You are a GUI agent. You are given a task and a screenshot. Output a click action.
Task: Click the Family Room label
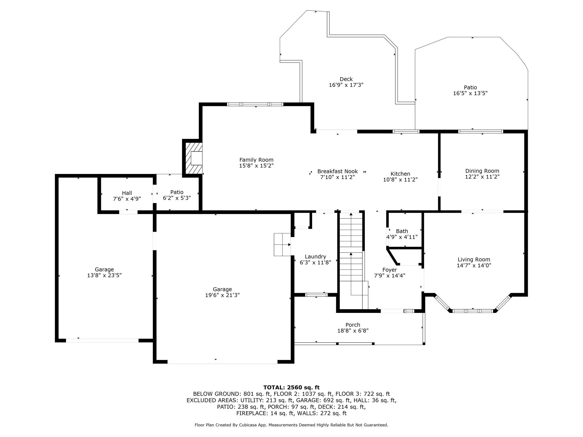click(x=256, y=160)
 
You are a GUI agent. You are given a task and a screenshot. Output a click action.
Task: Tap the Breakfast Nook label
click(x=337, y=171)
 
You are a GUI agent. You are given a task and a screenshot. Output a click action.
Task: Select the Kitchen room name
click(x=400, y=174)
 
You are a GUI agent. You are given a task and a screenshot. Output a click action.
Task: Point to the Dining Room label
click(x=482, y=171)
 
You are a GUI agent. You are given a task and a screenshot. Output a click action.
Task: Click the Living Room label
click(x=474, y=260)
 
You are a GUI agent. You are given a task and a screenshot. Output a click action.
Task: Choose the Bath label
click(x=402, y=231)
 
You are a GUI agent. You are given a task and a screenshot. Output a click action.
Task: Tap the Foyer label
click(x=390, y=270)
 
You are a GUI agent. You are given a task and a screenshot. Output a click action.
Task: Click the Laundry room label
click(x=315, y=257)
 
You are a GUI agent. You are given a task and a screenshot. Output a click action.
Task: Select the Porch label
click(x=353, y=325)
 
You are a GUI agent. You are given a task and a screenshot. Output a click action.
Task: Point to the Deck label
click(x=346, y=79)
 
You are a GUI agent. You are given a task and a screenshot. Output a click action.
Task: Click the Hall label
click(x=127, y=193)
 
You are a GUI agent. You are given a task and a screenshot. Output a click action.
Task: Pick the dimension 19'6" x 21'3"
click(x=222, y=295)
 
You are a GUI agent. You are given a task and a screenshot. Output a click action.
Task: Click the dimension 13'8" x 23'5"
click(x=104, y=275)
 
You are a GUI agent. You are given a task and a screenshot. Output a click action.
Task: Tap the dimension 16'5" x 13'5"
click(x=470, y=93)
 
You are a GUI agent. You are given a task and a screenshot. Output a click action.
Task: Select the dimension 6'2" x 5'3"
click(x=177, y=198)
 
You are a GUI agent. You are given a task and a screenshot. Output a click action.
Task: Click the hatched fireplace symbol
click(x=193, y=158)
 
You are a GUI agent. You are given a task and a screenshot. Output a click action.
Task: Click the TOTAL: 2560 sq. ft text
click(x=291, y=387)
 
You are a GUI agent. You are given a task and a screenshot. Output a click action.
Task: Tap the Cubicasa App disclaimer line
click(x=291, y=425)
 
